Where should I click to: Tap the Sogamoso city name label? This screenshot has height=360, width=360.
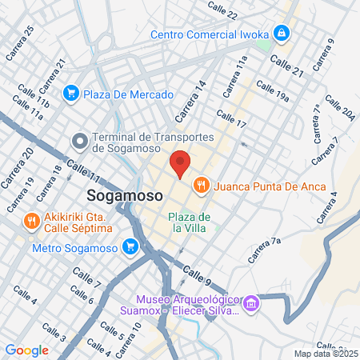click(x=121, y=197)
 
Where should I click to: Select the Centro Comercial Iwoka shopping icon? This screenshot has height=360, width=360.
click(x=281, y=34)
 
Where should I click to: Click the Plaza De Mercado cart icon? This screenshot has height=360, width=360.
click(x=71, y=94)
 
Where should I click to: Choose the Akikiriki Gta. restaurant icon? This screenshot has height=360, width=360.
click(x=33, y=221)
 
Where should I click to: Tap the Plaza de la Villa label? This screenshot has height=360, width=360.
click(x=189, y=223)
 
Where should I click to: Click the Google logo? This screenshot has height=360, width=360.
click(x=26, y=350)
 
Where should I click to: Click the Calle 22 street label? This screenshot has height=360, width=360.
click(x=222, y=10)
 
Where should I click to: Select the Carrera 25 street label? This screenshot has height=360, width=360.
click(x=20, y=42)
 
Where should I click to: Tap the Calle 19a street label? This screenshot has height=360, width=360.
click(x=273, y=89)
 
